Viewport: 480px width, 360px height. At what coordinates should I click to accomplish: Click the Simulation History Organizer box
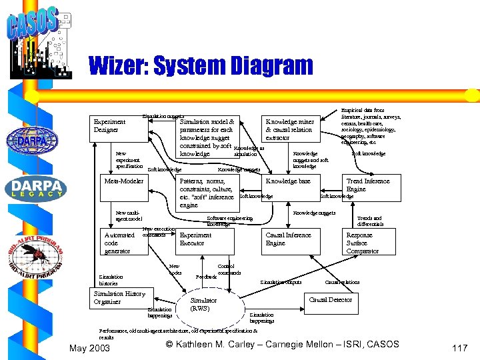(121, 297)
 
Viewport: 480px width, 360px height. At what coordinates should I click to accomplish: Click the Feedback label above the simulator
(205, 275)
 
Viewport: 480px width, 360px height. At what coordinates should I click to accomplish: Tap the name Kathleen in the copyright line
(201, 344)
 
